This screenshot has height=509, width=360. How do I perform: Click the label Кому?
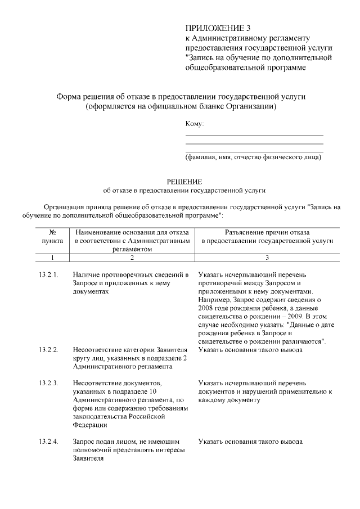coord(195,123)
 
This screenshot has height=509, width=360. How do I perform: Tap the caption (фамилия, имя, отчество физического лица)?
coord(254,157)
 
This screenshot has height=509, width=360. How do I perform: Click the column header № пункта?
coord(52,236)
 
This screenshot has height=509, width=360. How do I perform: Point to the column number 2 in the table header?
coord(132,258)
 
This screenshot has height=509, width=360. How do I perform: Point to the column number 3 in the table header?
coord(267,258)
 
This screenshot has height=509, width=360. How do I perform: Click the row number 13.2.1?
coord(49,274)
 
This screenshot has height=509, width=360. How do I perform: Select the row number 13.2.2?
coord(49,350)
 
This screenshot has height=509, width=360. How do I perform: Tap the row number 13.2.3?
coord(49,383)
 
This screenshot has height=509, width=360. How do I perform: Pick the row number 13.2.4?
coord(49,442)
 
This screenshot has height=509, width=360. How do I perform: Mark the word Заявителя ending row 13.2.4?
coord(89,458)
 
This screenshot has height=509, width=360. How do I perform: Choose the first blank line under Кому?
coord(254,135)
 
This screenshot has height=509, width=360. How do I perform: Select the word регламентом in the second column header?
coord(132,248)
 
